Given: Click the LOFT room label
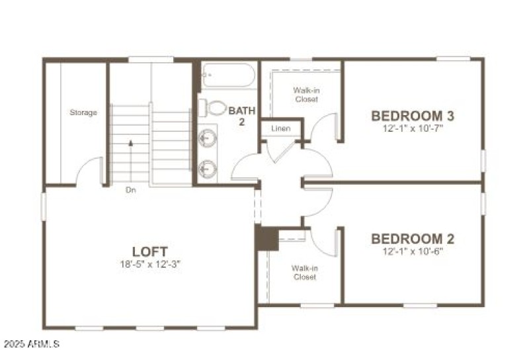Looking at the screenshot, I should click(x=150, y=251).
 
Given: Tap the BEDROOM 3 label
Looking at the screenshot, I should click(x=413, y=116).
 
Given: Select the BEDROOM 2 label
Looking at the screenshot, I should click(x=413, y=238).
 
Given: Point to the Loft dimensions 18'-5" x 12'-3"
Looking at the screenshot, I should click(x=150, y=264).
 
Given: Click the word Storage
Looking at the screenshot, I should click(x=83, y=112).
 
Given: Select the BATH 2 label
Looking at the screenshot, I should click(x=241, y=116).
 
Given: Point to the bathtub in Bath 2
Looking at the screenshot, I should click(x=227, y=76).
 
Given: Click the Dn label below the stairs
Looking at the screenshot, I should click(x=131, y=190).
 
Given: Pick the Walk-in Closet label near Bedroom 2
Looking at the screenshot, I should click(x=305, y=272).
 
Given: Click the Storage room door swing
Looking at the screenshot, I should click(x=89, y=171).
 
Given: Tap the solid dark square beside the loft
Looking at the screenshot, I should click(x=266, y=239).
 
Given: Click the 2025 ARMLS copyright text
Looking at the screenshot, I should click(x=31, y=345).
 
